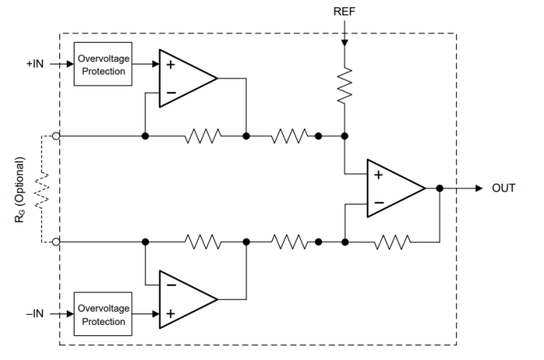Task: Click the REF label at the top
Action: tap(343, 12)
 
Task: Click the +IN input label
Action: tap(34, 64)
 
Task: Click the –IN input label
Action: tap(34, 313)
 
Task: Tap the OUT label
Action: tap(504, 188)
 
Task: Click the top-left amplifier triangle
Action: tap(183, 79)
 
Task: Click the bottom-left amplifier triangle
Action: tap(183, 299)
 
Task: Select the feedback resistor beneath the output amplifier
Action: tap(392, 243)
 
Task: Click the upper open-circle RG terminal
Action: tap(56, 136)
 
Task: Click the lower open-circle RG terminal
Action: tap(56, 243)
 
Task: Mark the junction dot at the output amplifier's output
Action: tap(440, 188)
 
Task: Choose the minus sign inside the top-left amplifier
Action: tap(171, 93)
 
